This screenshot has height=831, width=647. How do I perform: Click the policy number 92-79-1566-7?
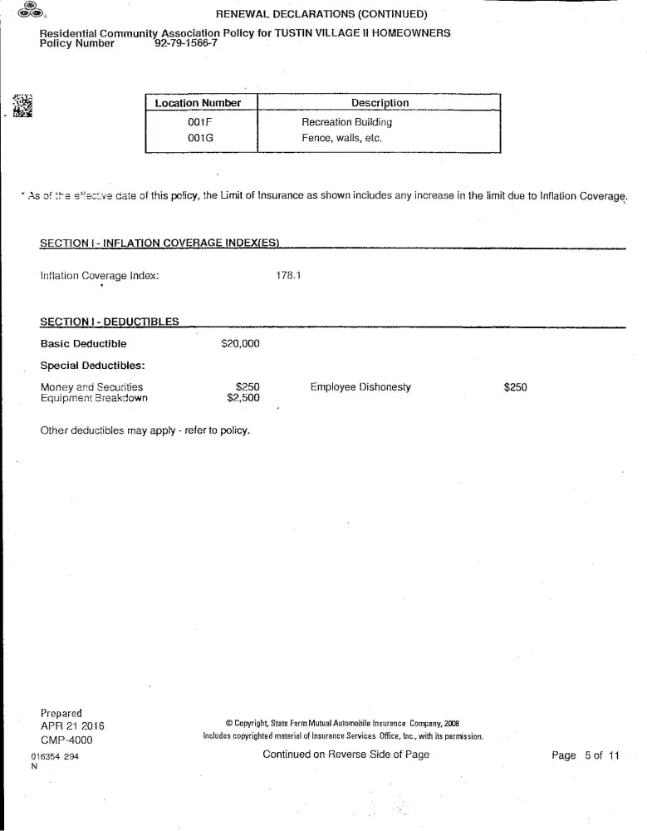click(186, 44)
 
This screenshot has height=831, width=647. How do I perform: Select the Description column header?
click(380, 103)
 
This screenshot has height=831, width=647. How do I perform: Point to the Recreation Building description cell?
click(346, 122)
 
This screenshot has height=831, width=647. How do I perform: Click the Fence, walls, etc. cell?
click(341, 138)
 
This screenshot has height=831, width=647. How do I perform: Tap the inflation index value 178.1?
click(287, 275)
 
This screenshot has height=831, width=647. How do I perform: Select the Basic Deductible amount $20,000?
click(241, 343)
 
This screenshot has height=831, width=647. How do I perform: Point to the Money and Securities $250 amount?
click(248, 387)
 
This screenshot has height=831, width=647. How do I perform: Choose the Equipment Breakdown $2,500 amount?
click(243, 398)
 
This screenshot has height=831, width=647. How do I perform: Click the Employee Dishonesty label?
click(360, 387)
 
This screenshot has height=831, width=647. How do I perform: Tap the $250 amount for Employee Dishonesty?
click(515, 387)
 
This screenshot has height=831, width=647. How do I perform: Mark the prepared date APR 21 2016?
click(72, 726)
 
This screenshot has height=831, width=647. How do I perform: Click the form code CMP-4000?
click(66, 740)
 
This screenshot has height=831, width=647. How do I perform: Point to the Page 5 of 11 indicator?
click(586, 755)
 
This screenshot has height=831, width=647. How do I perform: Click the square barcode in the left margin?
click(22, 106)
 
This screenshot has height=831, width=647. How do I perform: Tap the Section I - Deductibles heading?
click(109, 322)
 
